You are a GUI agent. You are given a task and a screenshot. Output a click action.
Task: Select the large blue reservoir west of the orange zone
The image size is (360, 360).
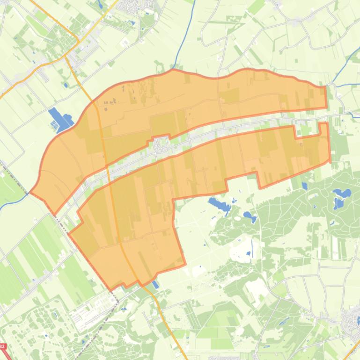[x=59, y=120]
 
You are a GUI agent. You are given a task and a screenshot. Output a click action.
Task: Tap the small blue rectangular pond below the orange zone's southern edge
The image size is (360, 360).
[x=155, y=284]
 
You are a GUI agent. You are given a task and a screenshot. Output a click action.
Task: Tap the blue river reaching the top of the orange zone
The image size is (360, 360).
[x=178, y=56]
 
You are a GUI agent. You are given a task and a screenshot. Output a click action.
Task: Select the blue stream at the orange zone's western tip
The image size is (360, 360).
[x=19, y=199]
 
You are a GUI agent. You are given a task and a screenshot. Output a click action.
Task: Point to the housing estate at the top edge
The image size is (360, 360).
[x=131, y=7]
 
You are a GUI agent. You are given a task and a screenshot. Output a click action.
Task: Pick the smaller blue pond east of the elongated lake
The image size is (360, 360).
[x=249, y=217]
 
